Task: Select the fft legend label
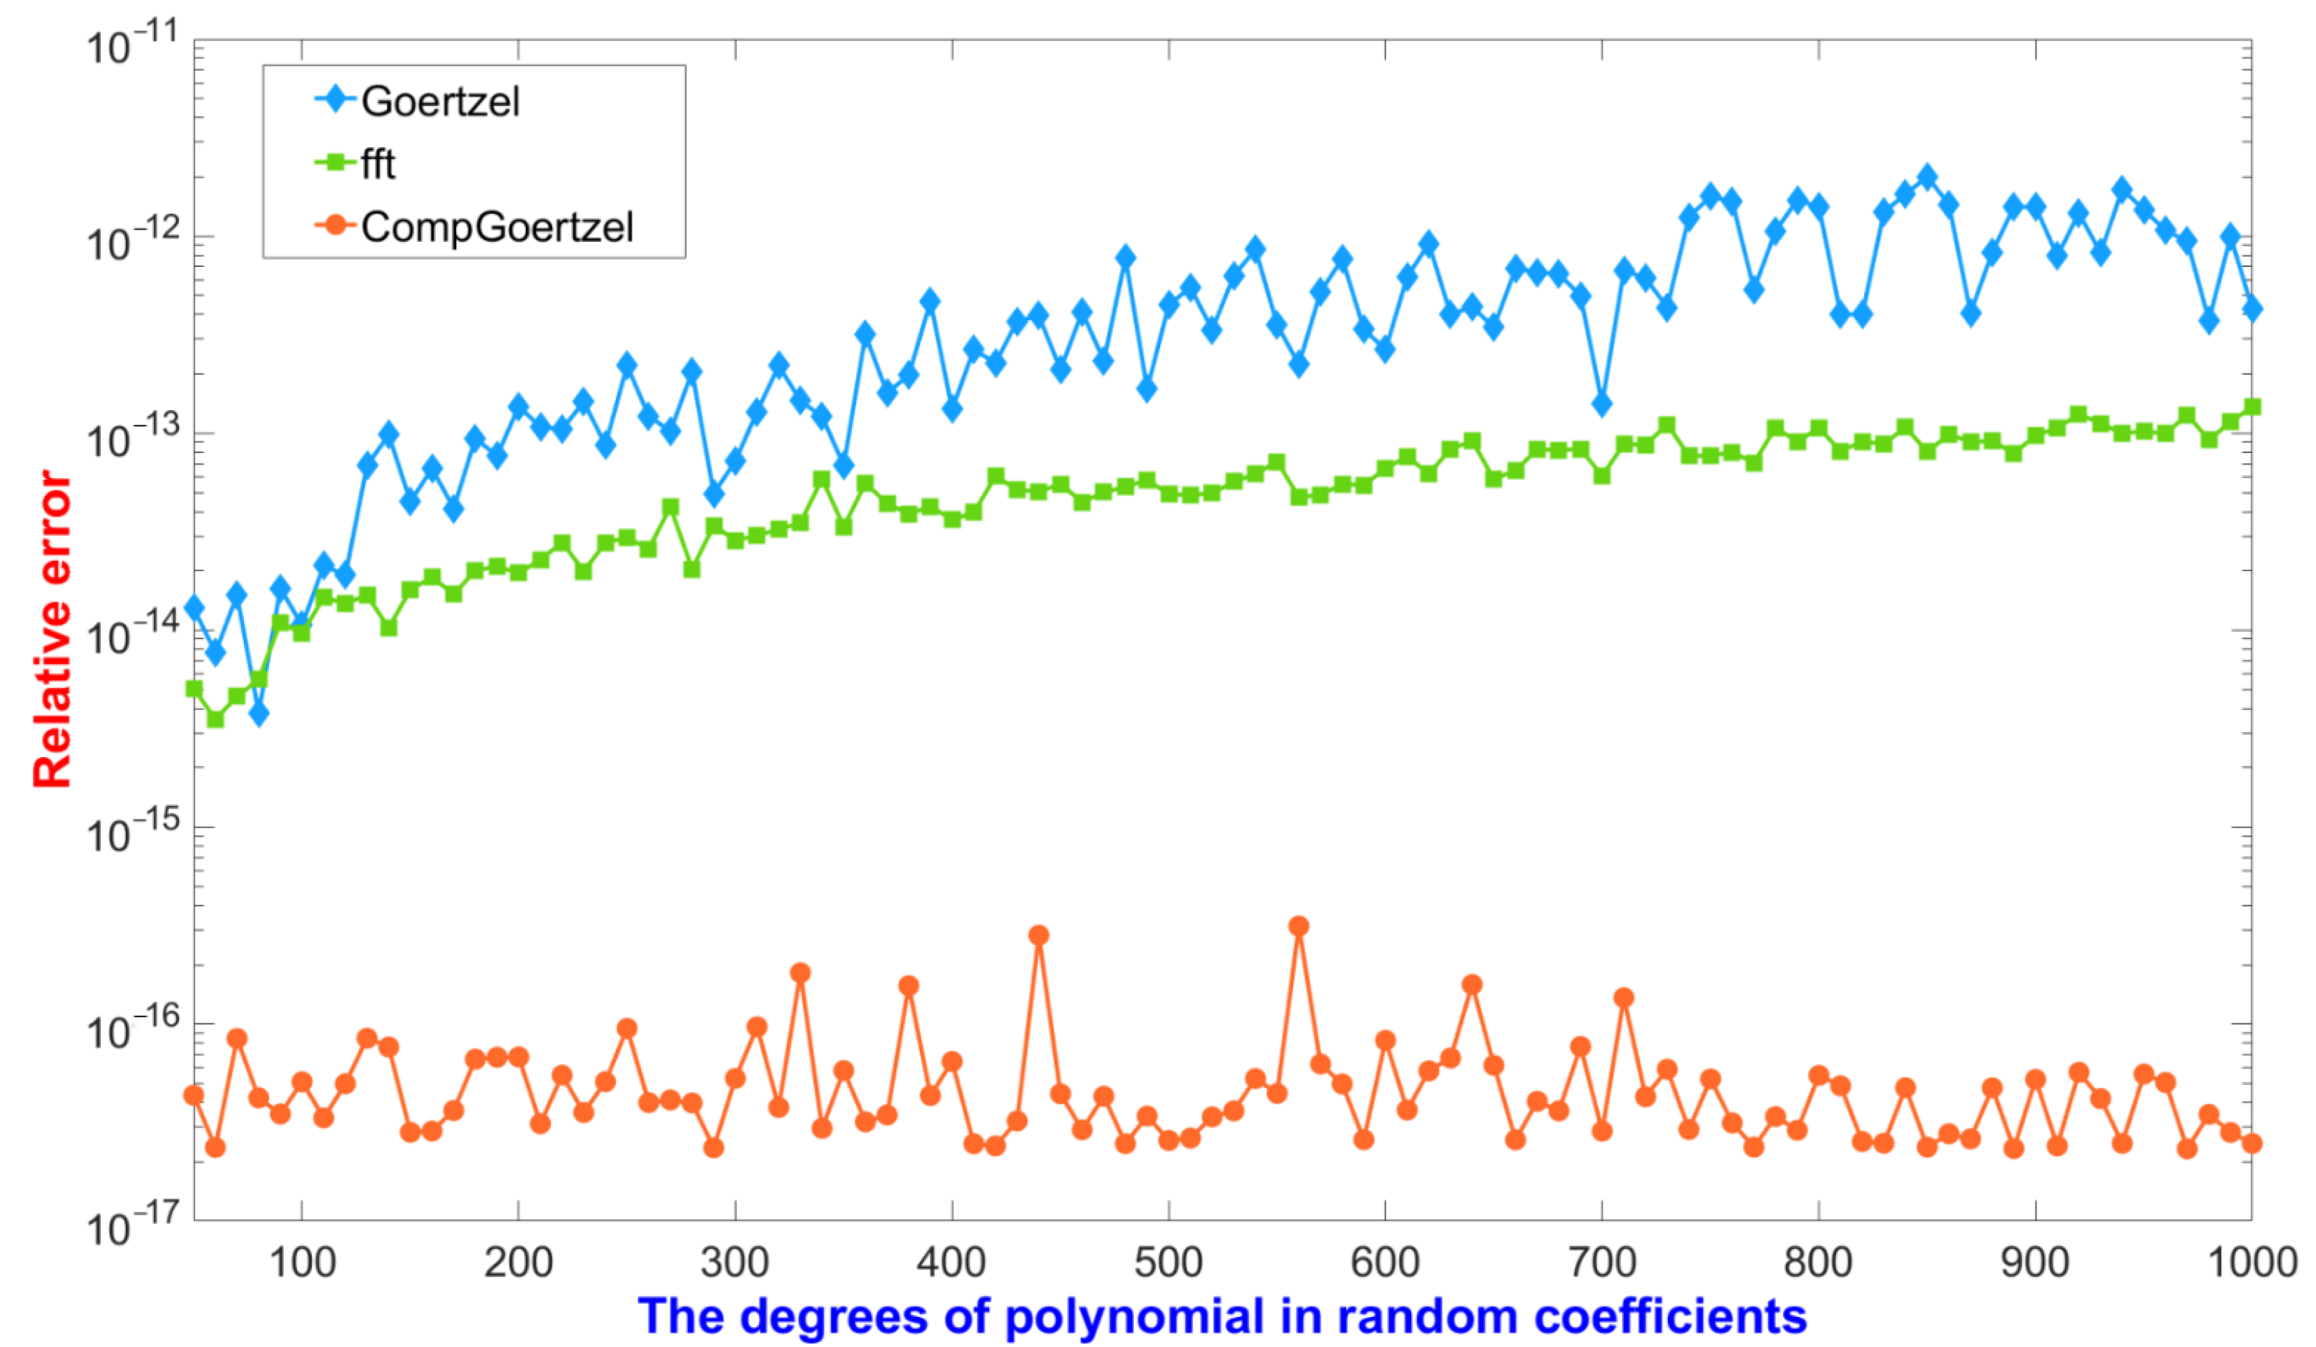click(378, 164)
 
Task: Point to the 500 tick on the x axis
click(1168, 1262)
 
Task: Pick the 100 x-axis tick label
click(301, 1262)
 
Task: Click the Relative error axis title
click(52, 630)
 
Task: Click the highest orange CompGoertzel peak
click(1299, 926)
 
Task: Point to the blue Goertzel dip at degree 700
click(1602, 404)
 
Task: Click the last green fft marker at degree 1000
click(2252, 407)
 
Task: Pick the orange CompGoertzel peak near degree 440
click(1039, 935)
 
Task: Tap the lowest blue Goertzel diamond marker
click(259, 714)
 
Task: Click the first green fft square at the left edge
click(194, 689)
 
